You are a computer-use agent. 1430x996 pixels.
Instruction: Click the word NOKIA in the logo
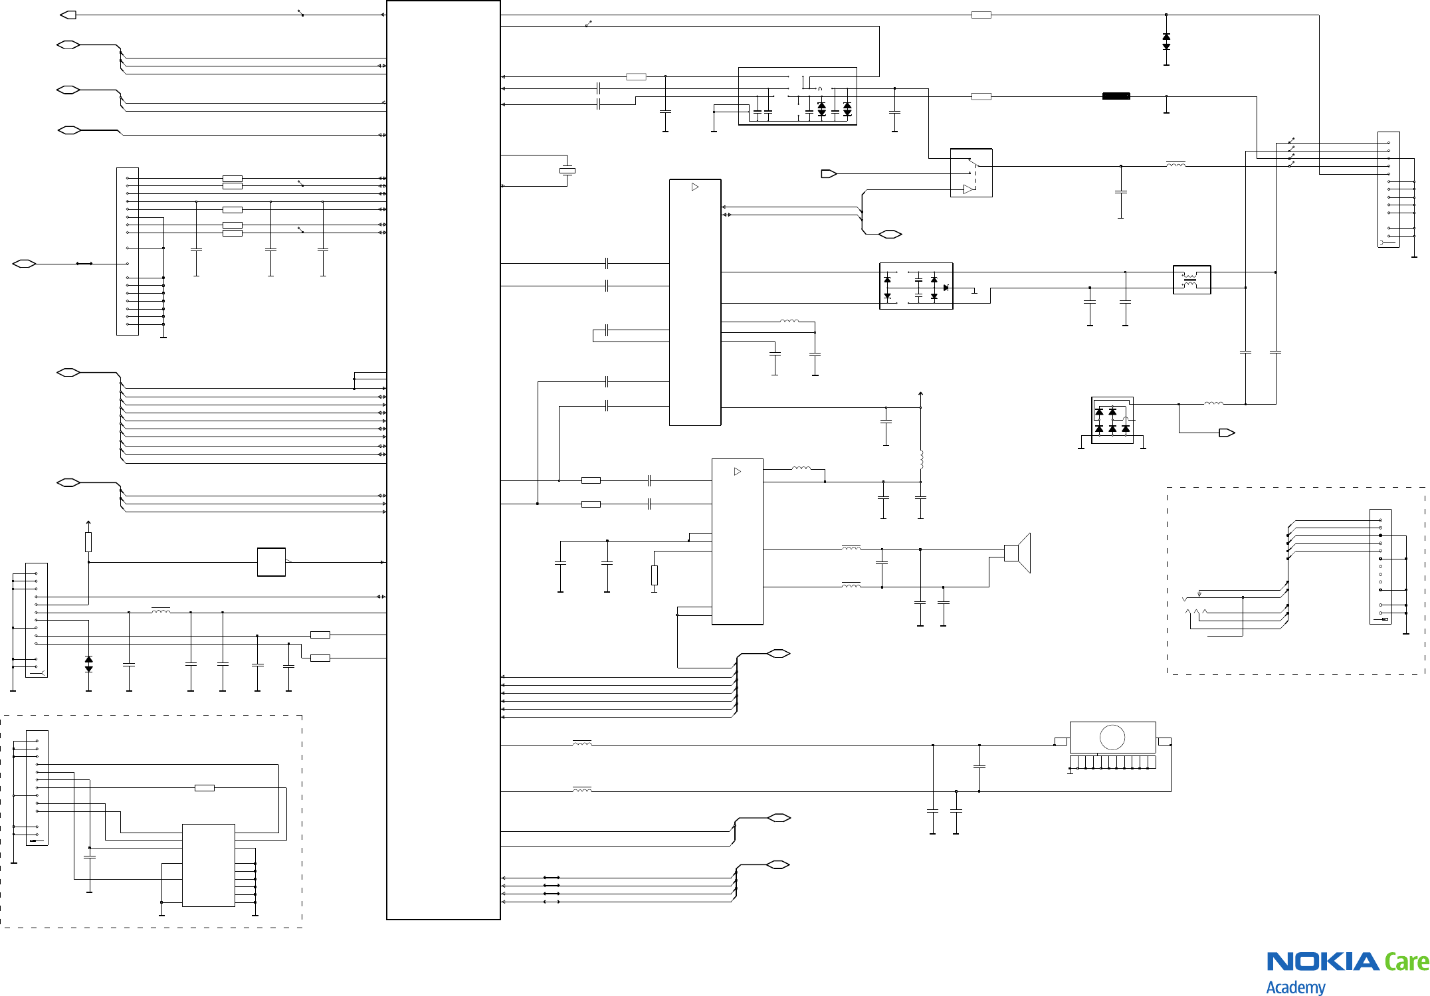coord(1322,961)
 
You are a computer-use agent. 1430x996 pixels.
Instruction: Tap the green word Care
coord(1406,961)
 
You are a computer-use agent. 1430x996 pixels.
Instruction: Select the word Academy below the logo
coord(1295,987)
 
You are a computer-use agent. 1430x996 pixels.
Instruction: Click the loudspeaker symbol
coord(1017,553)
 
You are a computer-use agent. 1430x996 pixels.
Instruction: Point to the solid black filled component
coord(1116,96)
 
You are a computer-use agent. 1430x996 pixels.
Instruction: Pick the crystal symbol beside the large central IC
coord(567,171)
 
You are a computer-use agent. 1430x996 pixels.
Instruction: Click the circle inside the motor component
coord(1112,737)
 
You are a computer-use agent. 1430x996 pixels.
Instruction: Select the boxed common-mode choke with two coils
coord(1191,280)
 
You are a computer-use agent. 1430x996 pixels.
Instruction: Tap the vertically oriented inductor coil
coord(921,459)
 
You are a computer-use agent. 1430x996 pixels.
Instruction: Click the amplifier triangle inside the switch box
coord(969,189)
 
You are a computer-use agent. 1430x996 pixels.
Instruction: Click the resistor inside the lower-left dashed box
coord(205,788)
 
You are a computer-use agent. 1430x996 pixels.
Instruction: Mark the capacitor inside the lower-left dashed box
coord(90,857)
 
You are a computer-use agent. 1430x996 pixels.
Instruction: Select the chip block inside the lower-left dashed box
coord(209,865)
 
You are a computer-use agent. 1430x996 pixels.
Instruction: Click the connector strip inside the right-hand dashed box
coord(1380,567)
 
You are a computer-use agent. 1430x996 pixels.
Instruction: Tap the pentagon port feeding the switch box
coord(829,174)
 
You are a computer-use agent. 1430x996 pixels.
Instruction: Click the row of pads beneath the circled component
coord(1112,762)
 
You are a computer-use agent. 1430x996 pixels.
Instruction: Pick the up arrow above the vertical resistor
coord(88,524)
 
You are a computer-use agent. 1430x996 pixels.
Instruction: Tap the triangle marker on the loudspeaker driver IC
coord(737,472)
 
